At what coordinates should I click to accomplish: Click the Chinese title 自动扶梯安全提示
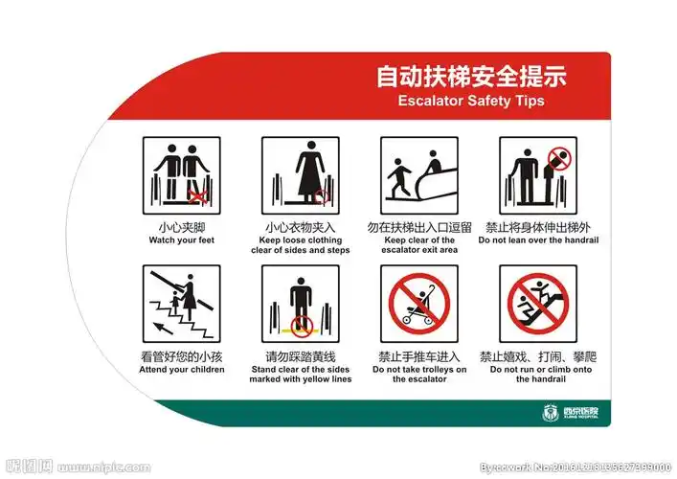pos(470,76)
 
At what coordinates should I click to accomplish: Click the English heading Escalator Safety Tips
pos(470,100)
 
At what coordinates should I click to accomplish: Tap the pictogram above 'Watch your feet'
pos(182,174)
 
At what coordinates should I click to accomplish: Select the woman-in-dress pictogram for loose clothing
pos(300,174)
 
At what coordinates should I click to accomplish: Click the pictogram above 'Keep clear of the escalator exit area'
pos(418,174)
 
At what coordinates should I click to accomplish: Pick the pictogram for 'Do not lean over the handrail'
pos(537,174)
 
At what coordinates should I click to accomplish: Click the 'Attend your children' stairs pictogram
pos(182,304)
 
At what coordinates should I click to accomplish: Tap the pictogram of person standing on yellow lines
pos(300,304)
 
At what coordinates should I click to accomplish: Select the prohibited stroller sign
pos(418,304)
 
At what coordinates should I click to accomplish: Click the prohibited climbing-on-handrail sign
pos(537,304)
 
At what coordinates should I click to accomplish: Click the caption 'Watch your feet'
pos(182,240)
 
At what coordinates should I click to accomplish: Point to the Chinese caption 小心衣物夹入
pos(300,227)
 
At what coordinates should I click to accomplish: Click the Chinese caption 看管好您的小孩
pos(182,357)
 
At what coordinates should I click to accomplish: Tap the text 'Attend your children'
pos(182,370)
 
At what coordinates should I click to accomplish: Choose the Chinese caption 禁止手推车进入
pos(418,357)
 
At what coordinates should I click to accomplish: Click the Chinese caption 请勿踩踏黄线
pos(300,357)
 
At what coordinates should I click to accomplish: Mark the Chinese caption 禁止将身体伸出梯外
pos(537,227)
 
